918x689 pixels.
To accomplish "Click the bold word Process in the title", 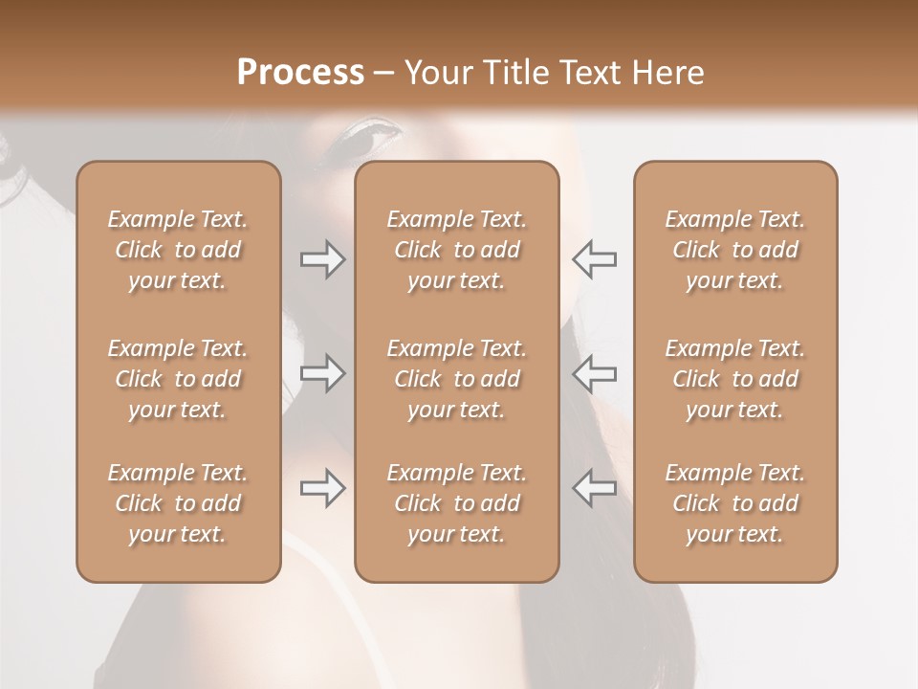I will [300, 73].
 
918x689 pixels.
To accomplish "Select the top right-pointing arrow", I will [322, 259].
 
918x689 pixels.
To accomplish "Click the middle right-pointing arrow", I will [322, 373].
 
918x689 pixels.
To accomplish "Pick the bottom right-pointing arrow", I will [322, 488].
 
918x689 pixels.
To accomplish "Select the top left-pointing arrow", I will [595, 259].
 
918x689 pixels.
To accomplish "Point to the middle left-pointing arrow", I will [595, 373].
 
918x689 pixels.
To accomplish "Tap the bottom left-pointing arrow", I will [595, 488].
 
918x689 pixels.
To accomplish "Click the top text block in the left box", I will [178, 250].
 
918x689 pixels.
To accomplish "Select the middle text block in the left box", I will [178, 379].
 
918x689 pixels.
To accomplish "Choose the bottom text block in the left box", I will [178, 503].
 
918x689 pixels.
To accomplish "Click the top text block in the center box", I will [456, 250].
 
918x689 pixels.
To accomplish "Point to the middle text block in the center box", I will [456, 379].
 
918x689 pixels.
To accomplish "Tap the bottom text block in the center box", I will [456, 503].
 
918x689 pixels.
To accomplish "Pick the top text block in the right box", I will [734, 250].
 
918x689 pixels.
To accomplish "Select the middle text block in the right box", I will [734, 379].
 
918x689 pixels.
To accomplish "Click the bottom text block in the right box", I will [734, 503].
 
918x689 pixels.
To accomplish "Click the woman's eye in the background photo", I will [369, 139].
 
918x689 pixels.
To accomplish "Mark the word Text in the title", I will [591, 73].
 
